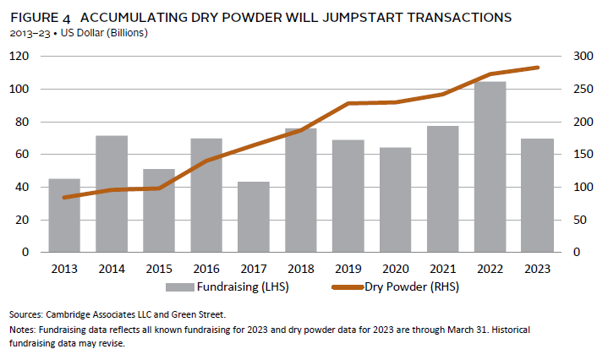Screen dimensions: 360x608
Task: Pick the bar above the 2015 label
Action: click(x=159, y=210)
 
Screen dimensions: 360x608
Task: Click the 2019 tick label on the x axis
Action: click(x=348, y=268)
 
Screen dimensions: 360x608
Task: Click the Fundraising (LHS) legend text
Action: click(x=242, y=286)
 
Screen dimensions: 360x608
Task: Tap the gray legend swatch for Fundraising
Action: click(x=181, y=287)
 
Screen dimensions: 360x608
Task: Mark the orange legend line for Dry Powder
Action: click(x=339, y=287)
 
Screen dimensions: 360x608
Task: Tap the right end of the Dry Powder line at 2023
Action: click(x=536, y=68)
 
